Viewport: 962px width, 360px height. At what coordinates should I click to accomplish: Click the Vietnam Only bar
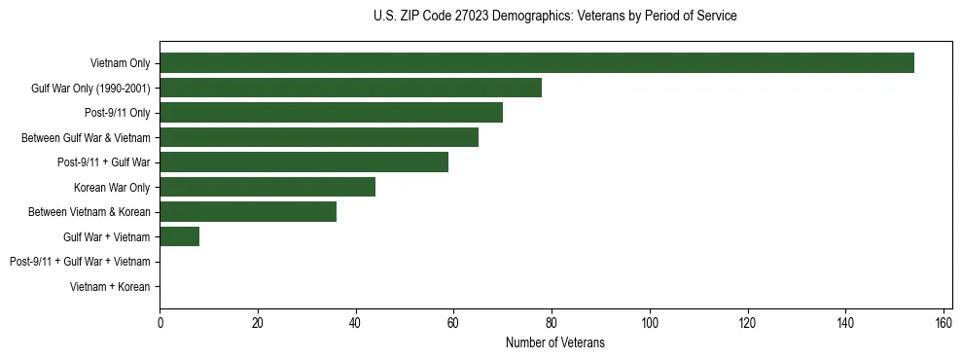coord(537,63)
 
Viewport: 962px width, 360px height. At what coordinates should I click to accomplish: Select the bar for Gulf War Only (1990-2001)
coord(350,88)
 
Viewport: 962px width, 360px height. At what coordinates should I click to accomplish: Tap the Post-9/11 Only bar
coord(331,113)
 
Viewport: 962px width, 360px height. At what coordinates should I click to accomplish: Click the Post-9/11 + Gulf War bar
coord(303,162)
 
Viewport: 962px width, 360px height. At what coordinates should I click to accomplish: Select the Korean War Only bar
coord(267,187)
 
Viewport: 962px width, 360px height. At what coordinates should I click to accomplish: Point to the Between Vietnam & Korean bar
coord(248,212)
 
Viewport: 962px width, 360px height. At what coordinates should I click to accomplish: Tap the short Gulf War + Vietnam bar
coord(180,236)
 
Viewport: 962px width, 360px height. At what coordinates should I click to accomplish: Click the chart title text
coord(555,17)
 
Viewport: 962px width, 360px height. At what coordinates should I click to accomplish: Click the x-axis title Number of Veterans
coord(555,342)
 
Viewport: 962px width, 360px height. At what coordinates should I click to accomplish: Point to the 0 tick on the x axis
coord(160,322)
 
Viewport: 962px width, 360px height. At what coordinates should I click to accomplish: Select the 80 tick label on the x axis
coord(552,322)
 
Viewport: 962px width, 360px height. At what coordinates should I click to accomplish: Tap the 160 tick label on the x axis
coord(944,322)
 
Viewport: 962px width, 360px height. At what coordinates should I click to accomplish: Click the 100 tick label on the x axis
coord(650,322)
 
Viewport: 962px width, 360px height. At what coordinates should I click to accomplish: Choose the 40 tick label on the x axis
coord(356,322)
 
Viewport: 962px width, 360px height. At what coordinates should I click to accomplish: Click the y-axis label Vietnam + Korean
coord(110,287)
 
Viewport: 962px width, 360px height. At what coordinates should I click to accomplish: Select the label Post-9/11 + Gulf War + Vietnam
coord(80,262)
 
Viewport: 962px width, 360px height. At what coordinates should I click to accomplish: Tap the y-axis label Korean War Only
coord(112,187)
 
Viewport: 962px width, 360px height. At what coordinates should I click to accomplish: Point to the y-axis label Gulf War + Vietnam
coord(107,236)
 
